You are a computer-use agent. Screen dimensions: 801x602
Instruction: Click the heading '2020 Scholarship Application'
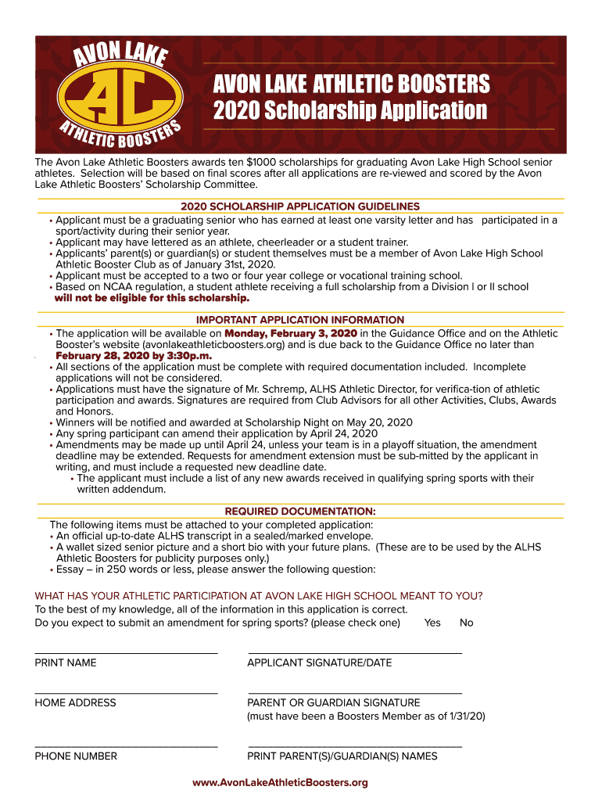351,110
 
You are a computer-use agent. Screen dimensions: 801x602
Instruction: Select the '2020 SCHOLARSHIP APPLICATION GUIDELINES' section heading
300,207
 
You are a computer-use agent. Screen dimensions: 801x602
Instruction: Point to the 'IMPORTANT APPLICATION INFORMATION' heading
300,320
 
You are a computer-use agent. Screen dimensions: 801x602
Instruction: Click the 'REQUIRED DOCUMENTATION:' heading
300,512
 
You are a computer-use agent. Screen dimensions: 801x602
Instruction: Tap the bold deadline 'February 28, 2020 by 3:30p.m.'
134,355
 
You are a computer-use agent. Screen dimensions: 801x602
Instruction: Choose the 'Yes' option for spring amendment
432,623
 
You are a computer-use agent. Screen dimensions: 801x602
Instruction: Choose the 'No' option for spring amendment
467,623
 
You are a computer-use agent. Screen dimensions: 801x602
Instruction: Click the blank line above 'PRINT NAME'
126,652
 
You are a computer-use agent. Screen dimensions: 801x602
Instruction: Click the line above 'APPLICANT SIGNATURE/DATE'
355,652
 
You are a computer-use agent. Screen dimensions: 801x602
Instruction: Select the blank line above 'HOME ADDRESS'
126,692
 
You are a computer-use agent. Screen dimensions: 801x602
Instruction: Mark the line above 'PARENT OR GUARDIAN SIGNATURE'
355,692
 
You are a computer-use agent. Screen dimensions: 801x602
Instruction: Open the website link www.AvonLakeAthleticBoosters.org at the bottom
280,782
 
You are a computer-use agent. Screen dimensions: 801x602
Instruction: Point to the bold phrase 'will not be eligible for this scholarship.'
152,298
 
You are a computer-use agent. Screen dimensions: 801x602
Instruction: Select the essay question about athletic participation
259,596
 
